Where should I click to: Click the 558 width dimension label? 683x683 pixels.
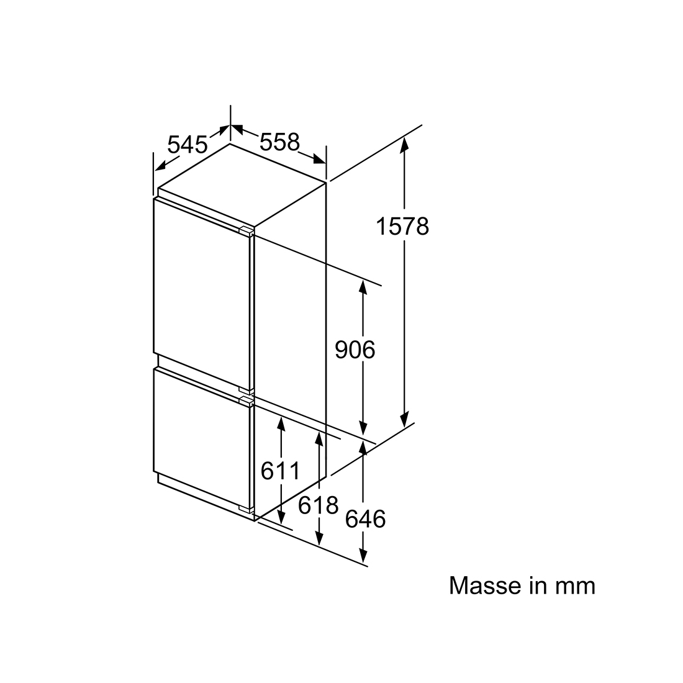(280, 142)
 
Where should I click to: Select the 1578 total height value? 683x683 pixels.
(402, 227)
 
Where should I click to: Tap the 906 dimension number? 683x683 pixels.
(355, 350)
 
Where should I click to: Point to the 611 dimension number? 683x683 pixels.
(281, 471)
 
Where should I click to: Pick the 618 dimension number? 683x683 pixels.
(319, 505)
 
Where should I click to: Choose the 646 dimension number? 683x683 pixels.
(366, 519)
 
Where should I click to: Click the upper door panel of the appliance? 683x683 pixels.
(202, 296)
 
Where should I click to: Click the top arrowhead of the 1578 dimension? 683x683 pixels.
(405, 143)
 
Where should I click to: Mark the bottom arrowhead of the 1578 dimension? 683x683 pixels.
(405, 420)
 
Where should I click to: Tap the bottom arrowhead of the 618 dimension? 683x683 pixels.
(319, 538)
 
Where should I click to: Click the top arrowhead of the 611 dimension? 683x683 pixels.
(281, 424)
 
